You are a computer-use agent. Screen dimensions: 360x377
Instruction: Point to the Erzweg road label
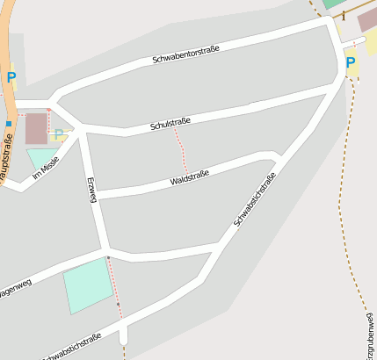91,190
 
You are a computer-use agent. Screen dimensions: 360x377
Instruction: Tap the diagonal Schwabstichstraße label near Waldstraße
255,200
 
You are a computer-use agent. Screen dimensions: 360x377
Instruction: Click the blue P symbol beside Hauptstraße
11,77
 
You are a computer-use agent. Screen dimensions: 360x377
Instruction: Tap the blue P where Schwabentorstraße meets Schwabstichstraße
351,63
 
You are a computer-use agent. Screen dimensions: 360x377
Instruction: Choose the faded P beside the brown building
58,134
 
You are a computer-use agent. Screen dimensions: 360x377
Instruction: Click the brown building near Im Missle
36,128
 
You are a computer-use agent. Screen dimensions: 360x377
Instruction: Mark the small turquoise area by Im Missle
40,159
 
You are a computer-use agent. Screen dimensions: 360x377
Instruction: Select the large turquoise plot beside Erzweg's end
88,284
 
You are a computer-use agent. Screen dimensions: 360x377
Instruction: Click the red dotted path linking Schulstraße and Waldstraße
181,149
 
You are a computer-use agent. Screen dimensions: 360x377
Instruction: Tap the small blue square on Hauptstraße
8,124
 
